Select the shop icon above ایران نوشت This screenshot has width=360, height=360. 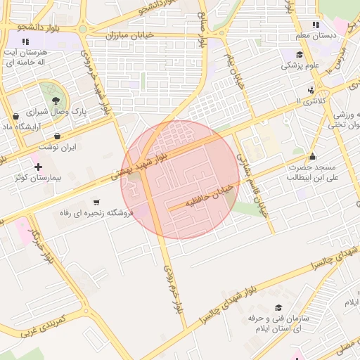point(57,136)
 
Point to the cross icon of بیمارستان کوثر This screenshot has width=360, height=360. point(38,167)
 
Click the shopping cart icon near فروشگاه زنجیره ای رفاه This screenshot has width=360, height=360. point(96,202)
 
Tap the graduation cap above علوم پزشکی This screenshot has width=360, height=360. point(299,55)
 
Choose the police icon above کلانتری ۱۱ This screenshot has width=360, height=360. point(311,90)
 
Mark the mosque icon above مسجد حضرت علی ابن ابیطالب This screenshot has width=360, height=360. point(313,156)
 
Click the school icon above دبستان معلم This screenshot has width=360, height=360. point(316,25)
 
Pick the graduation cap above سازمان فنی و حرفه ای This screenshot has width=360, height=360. point(279,308)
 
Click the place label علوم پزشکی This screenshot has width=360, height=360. point(300,66)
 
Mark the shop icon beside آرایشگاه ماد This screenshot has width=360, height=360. point(15,117)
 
